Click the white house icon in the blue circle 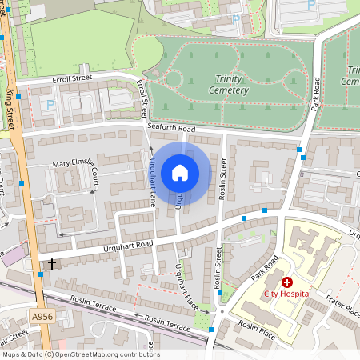click(180, 172)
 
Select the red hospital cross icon click(286, 282)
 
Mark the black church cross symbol click(53, 262)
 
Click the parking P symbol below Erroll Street click(52, 104)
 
